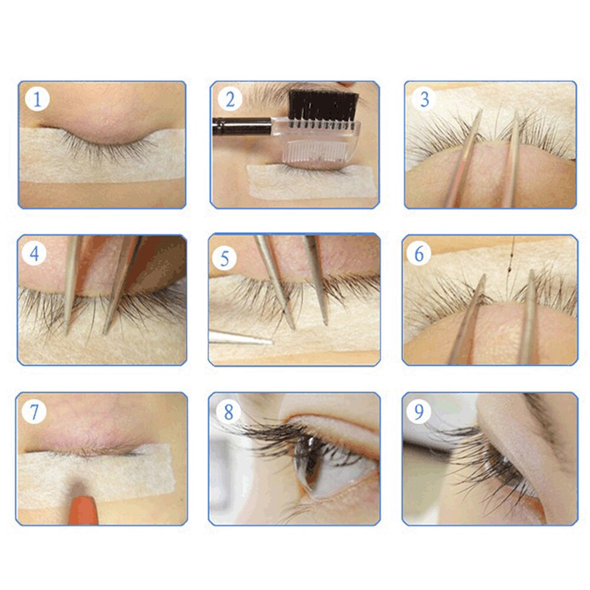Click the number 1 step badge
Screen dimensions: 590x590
[x=37, y=99]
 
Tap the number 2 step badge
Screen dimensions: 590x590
[x=229, y=99]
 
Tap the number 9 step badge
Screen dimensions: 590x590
[x=418, y=411]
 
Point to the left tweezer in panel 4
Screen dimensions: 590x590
[x=71, y=283]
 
